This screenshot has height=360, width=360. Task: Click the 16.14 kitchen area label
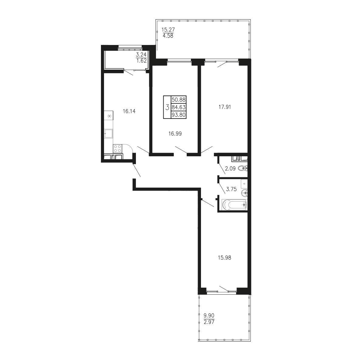pyautogui.click(x=129, y=111)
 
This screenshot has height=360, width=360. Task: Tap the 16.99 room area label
pyautogui.click(x=175, y=133)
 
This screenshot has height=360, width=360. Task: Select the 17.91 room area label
pyautogui.click(x=224, y=107)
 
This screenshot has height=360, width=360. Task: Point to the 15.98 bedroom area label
pyautogui.click(x=224, y=258)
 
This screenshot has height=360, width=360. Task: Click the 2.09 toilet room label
pyautogui.click(x=230, y=168)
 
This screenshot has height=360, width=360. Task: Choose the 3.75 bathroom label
pyautogui.click(x=231, y=189)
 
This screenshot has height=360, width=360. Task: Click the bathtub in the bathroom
pyautogui.click(x=234, y=204)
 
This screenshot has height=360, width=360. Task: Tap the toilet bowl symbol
pyautogui.click(x=243, y=168)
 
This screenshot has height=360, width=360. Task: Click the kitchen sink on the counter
pyautogui.click(x=109, y=133)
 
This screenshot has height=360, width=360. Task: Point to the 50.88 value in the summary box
pyautogui.click(x=178, y=100)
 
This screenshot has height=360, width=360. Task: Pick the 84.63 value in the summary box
pyautogui.click(x=178, y=107)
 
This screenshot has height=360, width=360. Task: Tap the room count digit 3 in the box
pyautogui.click(x=167, y=107)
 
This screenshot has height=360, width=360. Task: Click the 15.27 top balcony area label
pyautogui.click(x=168, y=30)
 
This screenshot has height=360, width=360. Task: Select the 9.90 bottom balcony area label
pyautogui.click(x=209, y=316)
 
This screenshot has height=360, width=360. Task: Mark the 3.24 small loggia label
pyautogui.click(x=141, y=55)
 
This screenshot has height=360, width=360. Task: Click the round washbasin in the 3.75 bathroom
pyautogui.click(x=244, y=193)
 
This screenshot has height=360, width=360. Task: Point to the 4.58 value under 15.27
pyautogui.click(x=168, y=36)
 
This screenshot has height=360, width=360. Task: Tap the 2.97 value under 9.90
pyautogui.click(x=209, y=322)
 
